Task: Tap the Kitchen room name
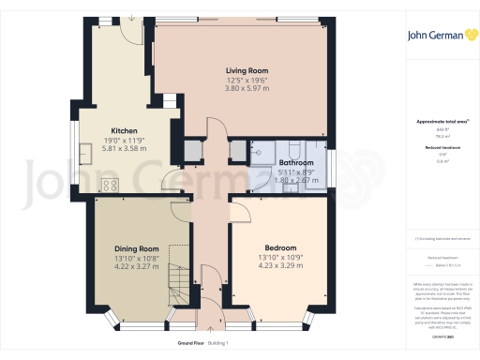click(125, 130)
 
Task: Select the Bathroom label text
click(296, 163)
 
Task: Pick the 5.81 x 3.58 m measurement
click(125, 148)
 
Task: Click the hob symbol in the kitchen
click(109, 185)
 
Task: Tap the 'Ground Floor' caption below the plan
click(178, 344)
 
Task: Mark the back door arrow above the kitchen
click(133, 19)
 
